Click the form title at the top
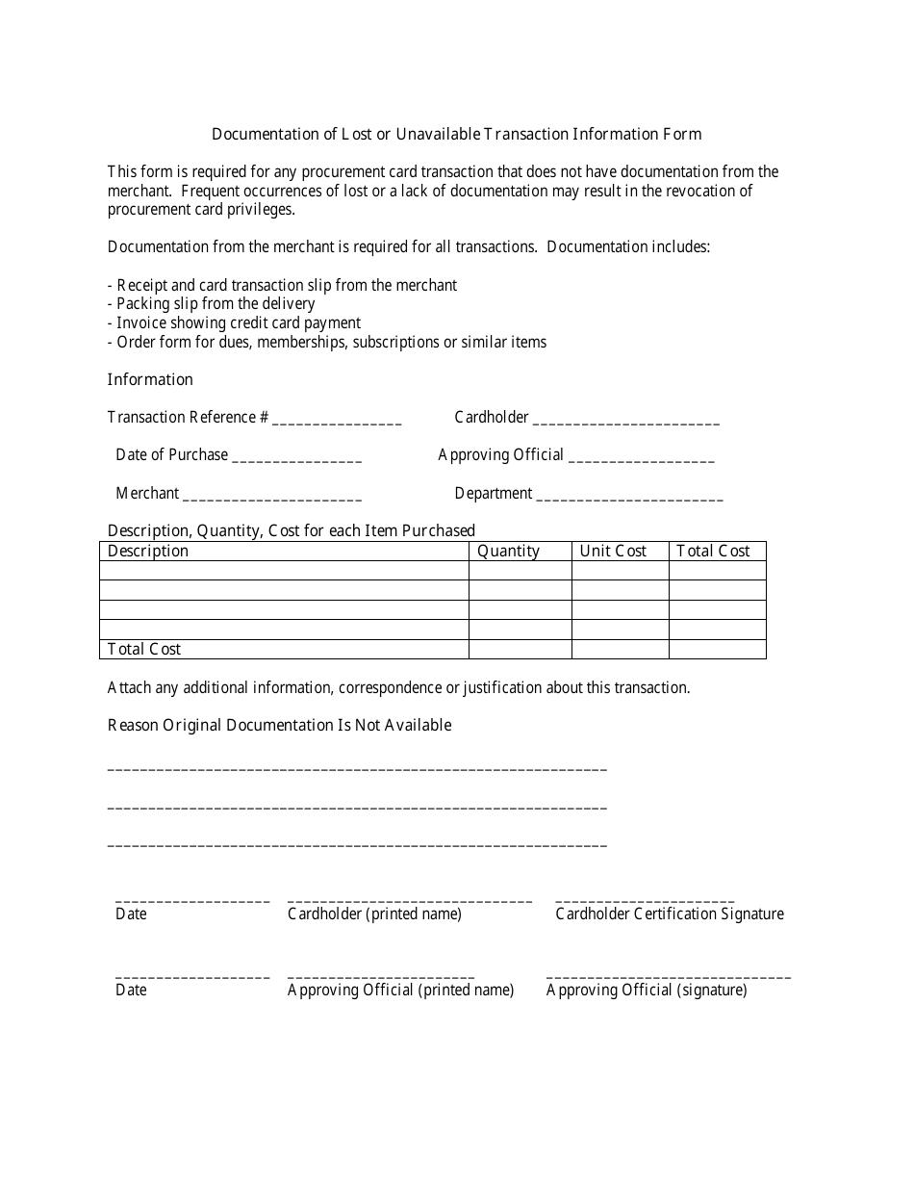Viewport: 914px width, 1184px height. pos(456,134)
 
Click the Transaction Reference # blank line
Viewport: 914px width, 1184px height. pos(337,420)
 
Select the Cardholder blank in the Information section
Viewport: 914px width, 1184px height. pos(625,420)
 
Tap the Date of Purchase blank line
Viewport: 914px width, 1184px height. pos(297,457)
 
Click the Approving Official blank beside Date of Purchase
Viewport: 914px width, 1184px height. pos(642,457)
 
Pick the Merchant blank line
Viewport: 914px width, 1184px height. pos(272,496)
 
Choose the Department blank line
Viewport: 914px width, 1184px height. pos(629,496)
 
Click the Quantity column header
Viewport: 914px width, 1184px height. pos(509,552)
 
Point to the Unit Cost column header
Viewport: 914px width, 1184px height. pos(613,552)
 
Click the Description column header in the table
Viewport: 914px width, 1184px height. pos(148,552)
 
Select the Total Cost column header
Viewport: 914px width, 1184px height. pos(713,552)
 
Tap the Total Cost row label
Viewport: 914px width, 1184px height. pos(144,650)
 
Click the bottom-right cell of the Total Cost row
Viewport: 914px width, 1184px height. pos(717,650)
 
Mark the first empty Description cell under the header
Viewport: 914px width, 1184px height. pos(284,571)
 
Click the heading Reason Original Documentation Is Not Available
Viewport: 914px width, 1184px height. pos(279,725)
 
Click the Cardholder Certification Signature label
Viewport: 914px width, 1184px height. pos(670,914)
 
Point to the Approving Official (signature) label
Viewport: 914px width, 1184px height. pos(647,991)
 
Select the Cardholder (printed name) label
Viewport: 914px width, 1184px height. pos(374,914)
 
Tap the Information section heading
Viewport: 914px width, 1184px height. pos(150,379)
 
